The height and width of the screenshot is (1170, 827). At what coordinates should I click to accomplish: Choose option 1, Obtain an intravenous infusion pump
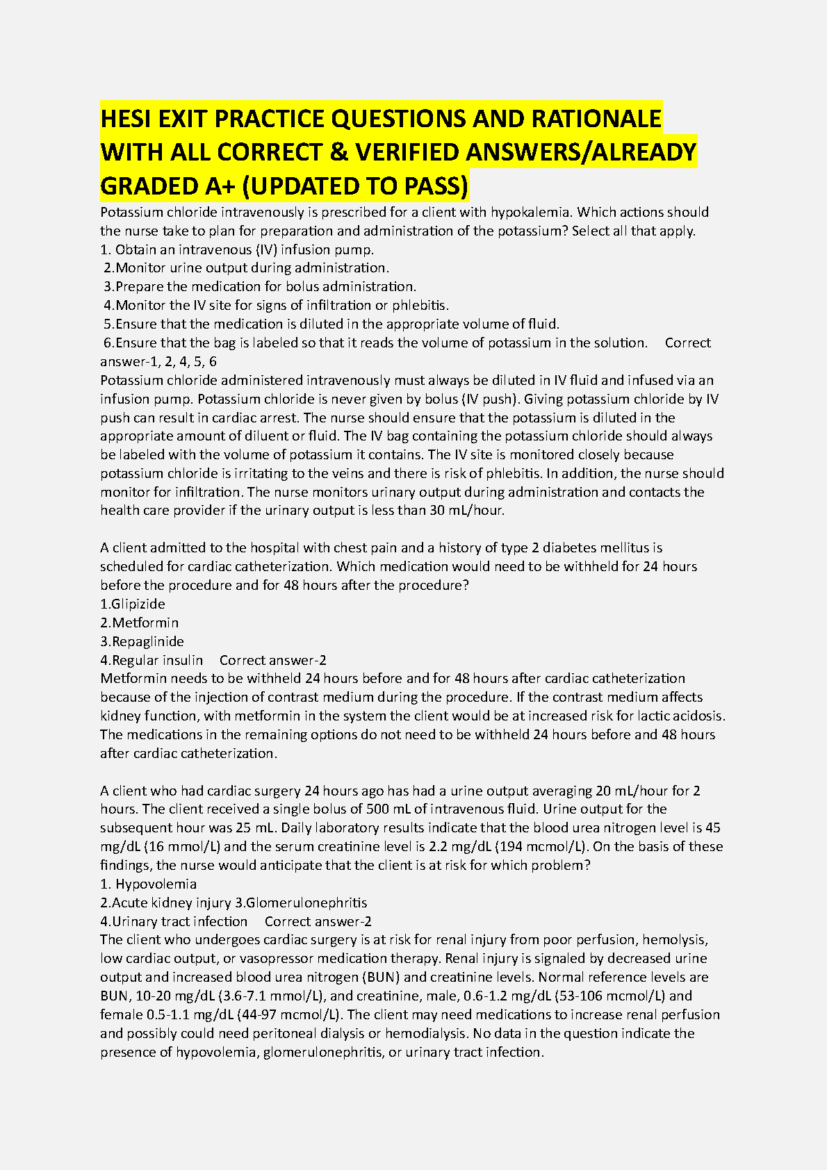(237, 249)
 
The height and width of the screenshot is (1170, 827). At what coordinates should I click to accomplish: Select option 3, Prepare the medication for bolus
(260, 286)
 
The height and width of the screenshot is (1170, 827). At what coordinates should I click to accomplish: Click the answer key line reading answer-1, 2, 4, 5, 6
(158, 361)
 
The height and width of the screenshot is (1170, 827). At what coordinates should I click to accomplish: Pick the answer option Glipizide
(133, 604)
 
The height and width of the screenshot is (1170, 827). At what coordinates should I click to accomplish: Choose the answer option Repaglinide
(142, 641)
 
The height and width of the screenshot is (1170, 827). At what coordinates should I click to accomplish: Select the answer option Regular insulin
(152, 660)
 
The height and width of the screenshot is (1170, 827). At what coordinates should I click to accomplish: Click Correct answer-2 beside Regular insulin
(272, 660)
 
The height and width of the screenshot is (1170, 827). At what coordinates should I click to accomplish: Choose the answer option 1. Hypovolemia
(149, 884)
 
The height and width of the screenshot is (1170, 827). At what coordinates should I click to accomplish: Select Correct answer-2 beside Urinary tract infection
(318, 921)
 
